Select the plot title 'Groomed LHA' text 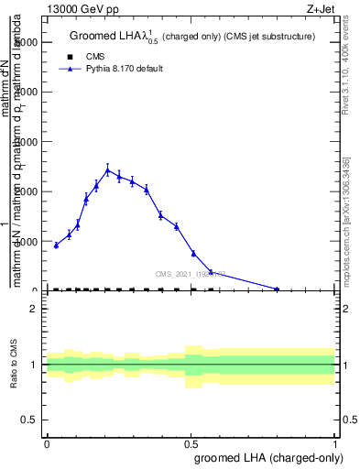[x=109, y=37]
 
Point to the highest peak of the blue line [x=107, y=169]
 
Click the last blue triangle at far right [x=277, y=289]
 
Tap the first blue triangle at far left [x=56, y=245]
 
